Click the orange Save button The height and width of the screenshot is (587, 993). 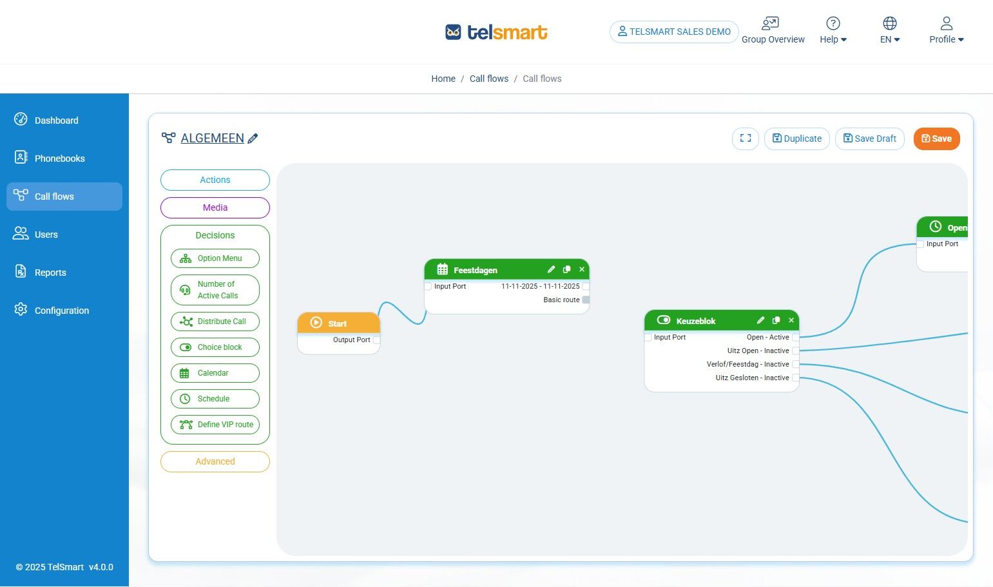(936, 139)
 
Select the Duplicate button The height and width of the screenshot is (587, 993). (796, 139)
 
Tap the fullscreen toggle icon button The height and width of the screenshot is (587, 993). (745, 139)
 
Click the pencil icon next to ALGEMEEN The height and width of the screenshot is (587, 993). (253, 139)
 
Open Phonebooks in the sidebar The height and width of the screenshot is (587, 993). (59, 159)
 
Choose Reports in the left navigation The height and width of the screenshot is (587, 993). (50, 273)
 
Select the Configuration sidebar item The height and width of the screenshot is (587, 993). (61, 311)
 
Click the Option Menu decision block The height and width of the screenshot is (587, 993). (215, 258)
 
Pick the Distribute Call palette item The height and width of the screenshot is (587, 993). (215, 322)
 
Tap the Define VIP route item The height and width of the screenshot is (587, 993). (215, 425)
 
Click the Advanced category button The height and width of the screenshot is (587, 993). (215, 461)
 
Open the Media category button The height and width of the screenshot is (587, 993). (215, 207)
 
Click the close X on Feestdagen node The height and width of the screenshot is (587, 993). (582, 269)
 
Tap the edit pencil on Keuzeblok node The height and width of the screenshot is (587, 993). (760, 320)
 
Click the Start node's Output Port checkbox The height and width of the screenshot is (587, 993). (376, 340)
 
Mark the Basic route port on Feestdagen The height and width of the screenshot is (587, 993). (586, 300)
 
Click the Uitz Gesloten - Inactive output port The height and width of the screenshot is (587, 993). (795, 378)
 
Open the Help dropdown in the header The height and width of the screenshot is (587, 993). (833, 31)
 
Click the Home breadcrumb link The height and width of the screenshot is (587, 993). (443, 79)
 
